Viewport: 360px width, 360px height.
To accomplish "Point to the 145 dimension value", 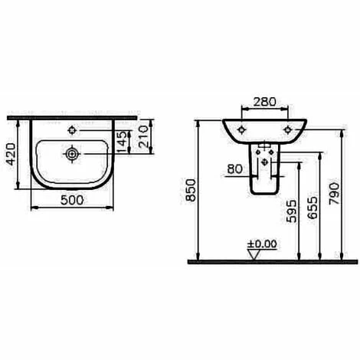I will [x=120, y=139].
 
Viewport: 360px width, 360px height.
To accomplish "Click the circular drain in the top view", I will [x=71, y=153].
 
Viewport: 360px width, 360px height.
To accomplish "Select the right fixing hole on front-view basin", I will [x=289, y=130].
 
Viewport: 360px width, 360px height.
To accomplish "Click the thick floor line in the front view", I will [x=268, y=260].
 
